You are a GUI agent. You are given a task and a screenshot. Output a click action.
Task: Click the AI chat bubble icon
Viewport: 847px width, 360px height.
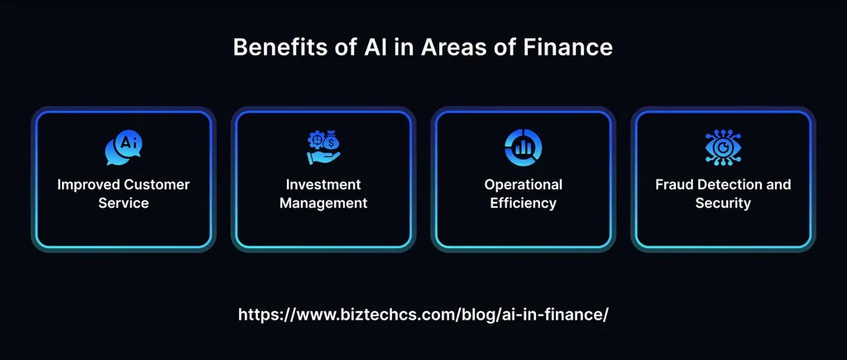(x=123, y=146)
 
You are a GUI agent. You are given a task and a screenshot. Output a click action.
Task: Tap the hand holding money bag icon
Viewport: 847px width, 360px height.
(x=323, y=146)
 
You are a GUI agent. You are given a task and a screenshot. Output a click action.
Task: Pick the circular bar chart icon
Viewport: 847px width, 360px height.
(x=523, y=146)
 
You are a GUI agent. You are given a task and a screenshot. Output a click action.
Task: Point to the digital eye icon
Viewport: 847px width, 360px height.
(x=723, y=146)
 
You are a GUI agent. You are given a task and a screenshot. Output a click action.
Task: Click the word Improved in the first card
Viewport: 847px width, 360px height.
(x=87, y=185)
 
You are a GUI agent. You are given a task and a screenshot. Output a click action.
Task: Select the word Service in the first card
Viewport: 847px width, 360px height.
(x=123, y=203)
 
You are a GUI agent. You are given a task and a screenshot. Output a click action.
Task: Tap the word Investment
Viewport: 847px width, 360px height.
(x=323, y=185)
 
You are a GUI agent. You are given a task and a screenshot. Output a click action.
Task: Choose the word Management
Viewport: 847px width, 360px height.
(x=323, y=203)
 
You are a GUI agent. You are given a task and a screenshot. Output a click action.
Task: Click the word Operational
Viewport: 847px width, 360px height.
(x=523, y=185)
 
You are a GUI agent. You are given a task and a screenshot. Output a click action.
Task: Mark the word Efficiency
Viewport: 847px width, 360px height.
(x=523, y=203)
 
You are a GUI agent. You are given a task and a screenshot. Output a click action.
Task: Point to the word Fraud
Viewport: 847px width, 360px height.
(x=673, y=185)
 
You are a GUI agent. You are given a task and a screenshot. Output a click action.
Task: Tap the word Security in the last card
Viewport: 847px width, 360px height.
(x=723, y=203)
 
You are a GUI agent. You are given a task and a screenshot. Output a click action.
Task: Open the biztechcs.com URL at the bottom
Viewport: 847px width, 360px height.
(x=423, y=314)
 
